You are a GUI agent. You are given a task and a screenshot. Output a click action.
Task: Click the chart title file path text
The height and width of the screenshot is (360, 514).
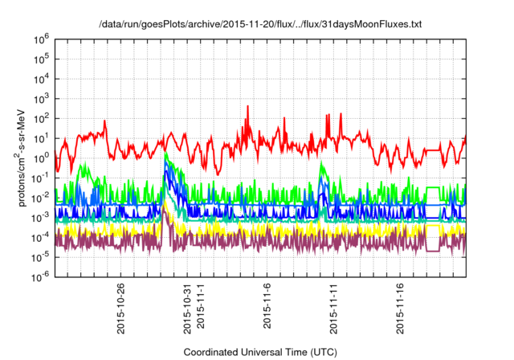coord(259,25)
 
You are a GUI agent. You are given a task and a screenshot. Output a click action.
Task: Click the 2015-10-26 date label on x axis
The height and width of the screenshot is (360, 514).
coord(120,309)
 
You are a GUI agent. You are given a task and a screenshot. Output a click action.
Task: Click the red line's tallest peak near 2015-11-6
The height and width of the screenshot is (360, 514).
coord(247,106)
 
